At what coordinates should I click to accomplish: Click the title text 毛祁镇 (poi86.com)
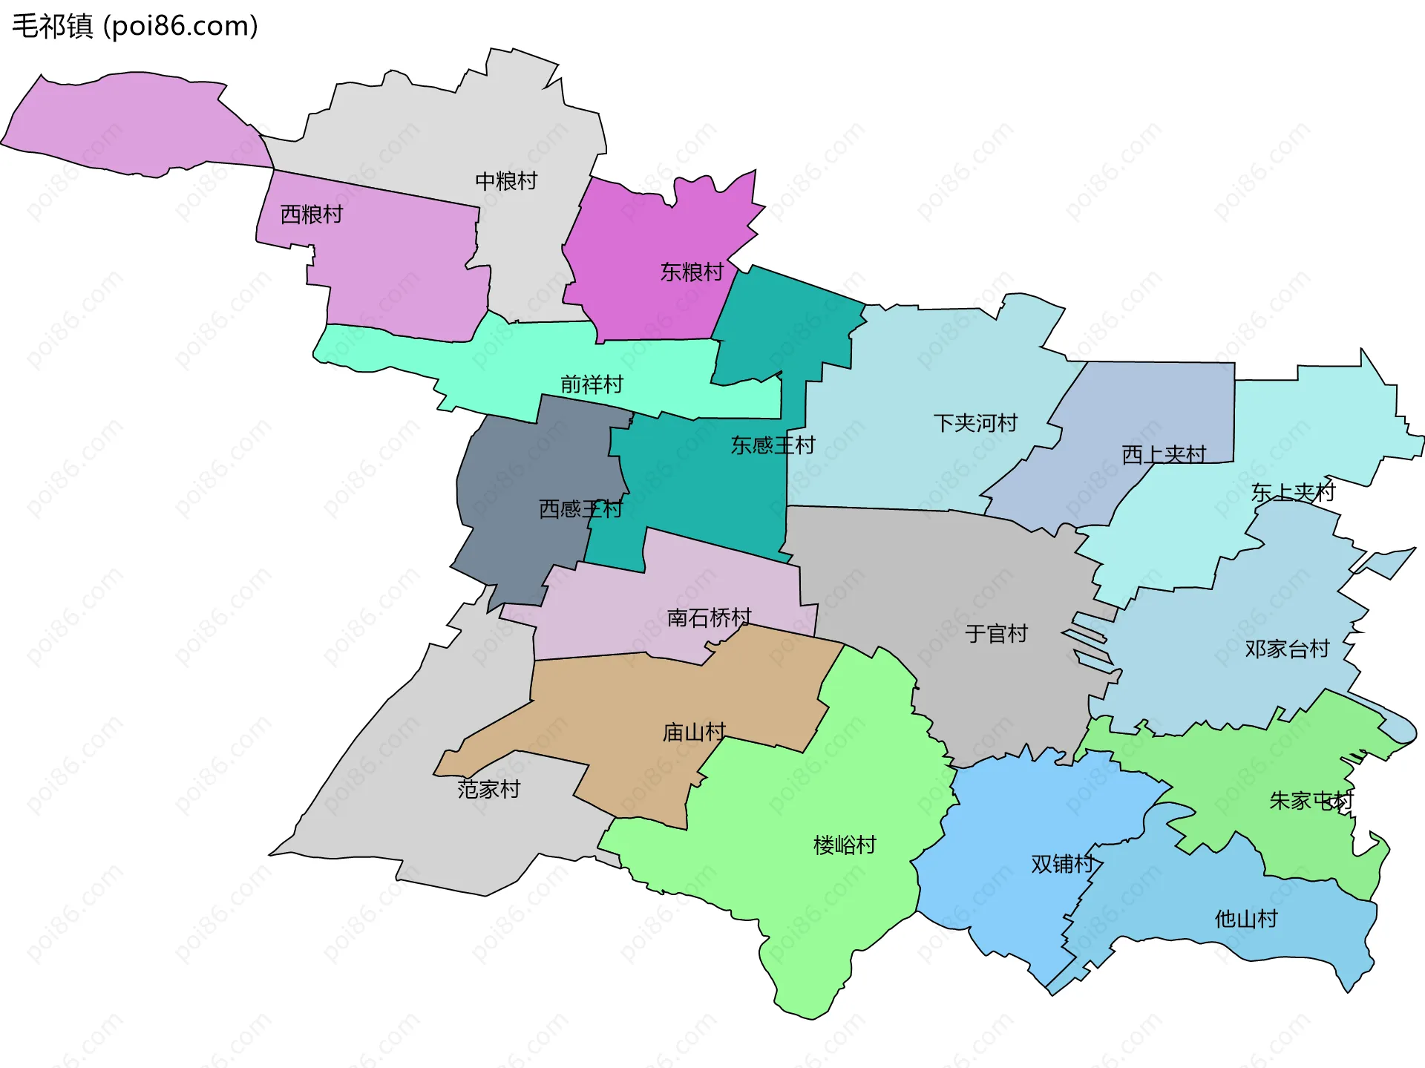[x=135, y=26]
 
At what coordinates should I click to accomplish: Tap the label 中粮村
[x=505, y=181]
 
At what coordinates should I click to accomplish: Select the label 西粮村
[x=311, y=214]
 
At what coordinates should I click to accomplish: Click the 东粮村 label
[x=691, y=272]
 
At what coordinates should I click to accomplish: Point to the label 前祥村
[x=591, y=384]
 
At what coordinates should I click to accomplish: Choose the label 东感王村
[x=773, y=445]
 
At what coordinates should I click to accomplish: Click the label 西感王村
[x=580, y=509]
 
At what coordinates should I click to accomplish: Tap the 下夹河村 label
[x=974, y=423]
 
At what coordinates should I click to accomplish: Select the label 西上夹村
[x=1163, y=454]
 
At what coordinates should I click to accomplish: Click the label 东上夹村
[x=1292, y=492]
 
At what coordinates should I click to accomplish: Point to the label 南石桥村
[x=709, y=617]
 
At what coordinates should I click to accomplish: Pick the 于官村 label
[x=995, y=634]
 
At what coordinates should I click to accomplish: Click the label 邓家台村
[x=1286, y=649]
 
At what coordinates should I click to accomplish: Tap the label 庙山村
[x=693, y=733]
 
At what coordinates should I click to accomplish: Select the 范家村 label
[x=488, y=789]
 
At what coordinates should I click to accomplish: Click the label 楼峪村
[x=844, y=845]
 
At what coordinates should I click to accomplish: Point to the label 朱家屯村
[x=1311, y=801]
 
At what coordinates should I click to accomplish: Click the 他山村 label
[x=1245, y=920]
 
